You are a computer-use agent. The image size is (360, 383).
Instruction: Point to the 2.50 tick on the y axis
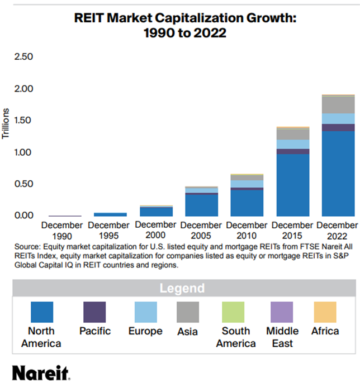pyautogui.click(x=25, y=57)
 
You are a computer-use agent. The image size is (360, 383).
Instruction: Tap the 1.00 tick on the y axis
pyautogui.click(x=25, y=152)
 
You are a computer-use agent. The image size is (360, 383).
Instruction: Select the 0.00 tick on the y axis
pyautogui.click(x=25, y=216)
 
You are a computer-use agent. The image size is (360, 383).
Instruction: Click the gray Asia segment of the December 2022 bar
pyautogui.click(x=338, y=105)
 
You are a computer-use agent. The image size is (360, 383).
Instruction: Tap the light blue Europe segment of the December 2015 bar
pyautogui.click(x=293, y=144)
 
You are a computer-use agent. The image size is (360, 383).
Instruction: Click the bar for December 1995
pyautogui.click(x=110, y=214)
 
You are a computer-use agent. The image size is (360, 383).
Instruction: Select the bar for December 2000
pyautogui.click(x=156, y=211)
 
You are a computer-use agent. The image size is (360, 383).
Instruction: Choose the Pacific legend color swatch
pyautogui.click(x=94, y=312)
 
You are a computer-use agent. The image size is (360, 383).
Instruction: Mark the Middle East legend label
pyautogui.click(x=282, y=337)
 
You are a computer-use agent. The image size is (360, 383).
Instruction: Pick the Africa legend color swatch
pyautogui.click(x=325, y=312)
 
